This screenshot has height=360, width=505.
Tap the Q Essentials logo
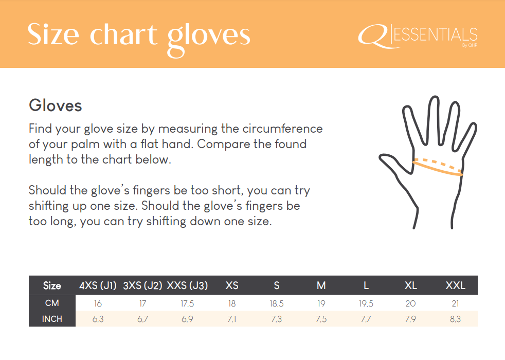point(418,37)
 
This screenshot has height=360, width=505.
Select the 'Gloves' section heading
point(56,105)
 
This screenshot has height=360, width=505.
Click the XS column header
point(232,285)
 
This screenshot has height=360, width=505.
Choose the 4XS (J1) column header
point(98,285)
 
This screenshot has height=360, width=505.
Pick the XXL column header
point(456,285)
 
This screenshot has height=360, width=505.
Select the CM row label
point(52,303)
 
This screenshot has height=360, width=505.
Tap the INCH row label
point(52,319)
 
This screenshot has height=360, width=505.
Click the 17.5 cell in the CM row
point(187,303)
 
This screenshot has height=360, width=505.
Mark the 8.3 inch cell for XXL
point(456,319)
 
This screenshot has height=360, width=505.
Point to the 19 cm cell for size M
point(321,303)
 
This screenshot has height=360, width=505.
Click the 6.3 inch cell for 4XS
point(98,319)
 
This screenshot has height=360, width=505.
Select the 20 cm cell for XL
point(411,303)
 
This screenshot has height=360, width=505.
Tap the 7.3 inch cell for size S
point(276,319)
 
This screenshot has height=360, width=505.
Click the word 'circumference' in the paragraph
point(282,129)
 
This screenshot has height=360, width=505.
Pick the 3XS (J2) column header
point(142,285)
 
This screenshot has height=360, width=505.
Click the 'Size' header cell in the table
point(52,285)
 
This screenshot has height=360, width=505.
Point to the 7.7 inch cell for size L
point(366,319)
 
